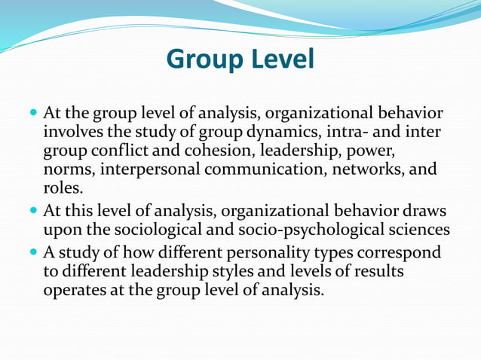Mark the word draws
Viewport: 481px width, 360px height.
[421, 210]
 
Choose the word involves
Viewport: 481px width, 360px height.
[73, 133]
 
